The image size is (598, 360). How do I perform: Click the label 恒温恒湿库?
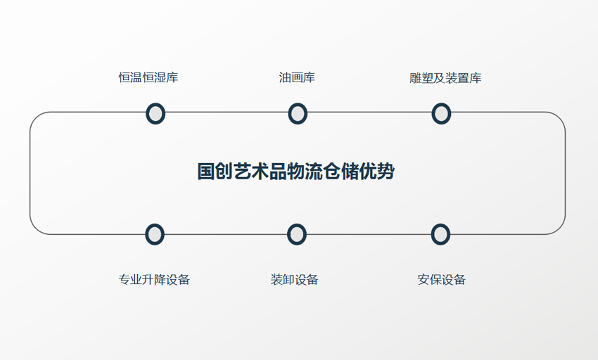coord(148,77)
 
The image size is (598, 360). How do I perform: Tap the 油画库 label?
coord(297,77)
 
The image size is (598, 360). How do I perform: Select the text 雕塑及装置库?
coord(445,78)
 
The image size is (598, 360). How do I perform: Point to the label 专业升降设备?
coord(154,280)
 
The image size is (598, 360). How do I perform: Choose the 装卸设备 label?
coord(294,280)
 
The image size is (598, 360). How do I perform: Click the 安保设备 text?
coord(441,280)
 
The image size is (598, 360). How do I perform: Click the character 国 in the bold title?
coord(206,172)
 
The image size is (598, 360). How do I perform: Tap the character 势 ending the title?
coord(386,172)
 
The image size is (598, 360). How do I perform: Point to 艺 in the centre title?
coord(242,172)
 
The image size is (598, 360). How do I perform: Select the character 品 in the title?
coord(278,172)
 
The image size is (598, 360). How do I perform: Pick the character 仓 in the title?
coord(332,172)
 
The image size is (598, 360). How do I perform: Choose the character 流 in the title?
coord(314,172)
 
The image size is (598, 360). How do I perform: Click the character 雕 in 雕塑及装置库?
coord(415,78)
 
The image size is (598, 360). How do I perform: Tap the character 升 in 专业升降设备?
coord(148,280)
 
